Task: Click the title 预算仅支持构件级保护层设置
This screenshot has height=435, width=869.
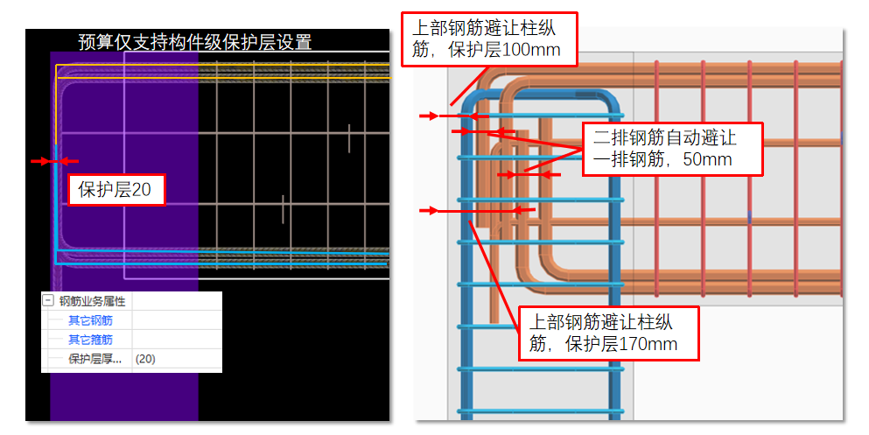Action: (x=194, y=42)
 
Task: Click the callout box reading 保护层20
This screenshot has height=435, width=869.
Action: (x=116, y=189)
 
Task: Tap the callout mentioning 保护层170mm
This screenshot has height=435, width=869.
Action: (x=608, y=333)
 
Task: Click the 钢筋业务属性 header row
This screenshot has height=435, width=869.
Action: (x=92, y=301)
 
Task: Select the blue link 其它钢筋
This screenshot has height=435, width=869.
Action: (x=90, y=320)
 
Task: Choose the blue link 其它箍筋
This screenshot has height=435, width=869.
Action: (x=90, y=340)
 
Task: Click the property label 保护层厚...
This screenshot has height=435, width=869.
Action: (x=95, y=359)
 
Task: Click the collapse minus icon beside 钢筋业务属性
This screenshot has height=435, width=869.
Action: (x=48, y=301)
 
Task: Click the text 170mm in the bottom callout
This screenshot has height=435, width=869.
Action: (x=648, y=344)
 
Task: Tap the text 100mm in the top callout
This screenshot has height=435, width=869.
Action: (x=533, y=50)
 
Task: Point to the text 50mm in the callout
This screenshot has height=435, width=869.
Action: (x=710, y=160)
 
